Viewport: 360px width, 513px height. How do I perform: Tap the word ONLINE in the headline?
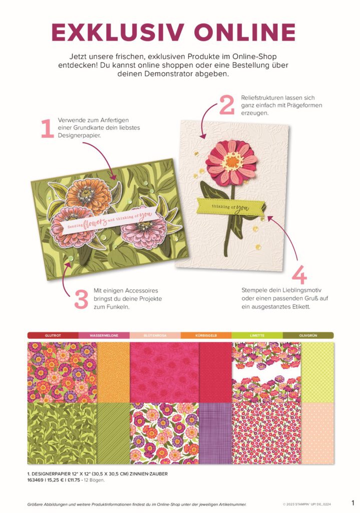pos(244,32)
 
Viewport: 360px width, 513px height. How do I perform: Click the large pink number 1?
pos(47,129)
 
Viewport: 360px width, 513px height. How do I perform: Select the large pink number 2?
pos(227,105)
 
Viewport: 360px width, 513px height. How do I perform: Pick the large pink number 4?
pos(299,275)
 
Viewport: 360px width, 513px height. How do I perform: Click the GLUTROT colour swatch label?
pos(53,335)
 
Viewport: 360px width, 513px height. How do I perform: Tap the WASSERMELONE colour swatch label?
pos(104,335)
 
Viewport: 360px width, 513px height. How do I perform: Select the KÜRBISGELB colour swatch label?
pos(206,335)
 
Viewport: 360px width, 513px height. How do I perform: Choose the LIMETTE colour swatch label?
pos(257,335)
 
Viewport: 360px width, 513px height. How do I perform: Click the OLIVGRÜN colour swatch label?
pos(308,335)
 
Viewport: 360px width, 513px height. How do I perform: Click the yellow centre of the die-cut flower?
pos(232,161)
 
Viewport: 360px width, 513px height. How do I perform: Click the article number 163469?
pos(36,480)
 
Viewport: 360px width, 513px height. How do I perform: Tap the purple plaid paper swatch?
pos(215,433)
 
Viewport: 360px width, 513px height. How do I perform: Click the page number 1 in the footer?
pos(353,503)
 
